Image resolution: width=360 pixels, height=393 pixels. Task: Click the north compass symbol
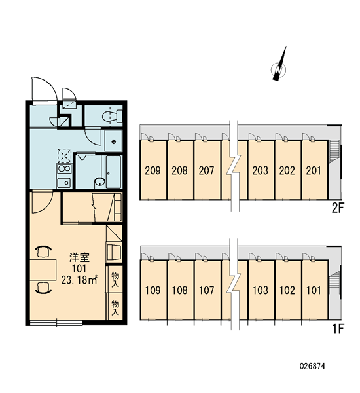pyautogui.click(x=279, y=65)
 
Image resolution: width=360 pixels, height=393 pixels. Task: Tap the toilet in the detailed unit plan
pyautogui.click(x=112, y=116)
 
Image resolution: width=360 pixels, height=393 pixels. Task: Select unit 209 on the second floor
pyautogui.click(x=153, y=170)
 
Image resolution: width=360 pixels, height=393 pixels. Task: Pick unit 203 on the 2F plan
pyautogui.click(x=261, y=170)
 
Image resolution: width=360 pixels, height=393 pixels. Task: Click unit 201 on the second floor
pyautogui.click(x=314, y=170)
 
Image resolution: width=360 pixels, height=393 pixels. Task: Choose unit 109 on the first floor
pyautogui.click(x=153, y=290)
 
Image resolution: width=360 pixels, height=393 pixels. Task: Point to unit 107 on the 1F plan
pyautogui.click(x=207, y=290)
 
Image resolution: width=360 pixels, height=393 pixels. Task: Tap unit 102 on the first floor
pyautogui.click(x=287, y=290)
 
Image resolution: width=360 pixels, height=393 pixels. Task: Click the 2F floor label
pyautogui.click(x=338, y=208)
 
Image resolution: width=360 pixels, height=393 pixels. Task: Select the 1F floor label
pyautogui.click(x=338, y=329)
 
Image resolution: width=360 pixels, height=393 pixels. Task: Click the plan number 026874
pyautogui.click(x=312, y=366)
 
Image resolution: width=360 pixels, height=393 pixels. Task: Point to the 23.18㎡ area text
pyautogui.click(x=79, y=280)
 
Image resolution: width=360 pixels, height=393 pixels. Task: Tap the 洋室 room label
pyautogui.click(x=79, y=257)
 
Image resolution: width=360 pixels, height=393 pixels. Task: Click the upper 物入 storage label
pyautogui.click(x=115, y=280)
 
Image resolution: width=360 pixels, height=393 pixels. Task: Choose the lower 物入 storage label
pyautogui.click(x=115, y=308)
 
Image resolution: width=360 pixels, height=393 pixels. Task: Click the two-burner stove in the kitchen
pyautogui.click(x=64, y=169)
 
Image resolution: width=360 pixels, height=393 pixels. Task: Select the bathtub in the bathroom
pyautogui.click(x=113, y=172)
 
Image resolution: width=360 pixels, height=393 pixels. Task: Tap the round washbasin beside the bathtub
pyautogui.click(x=99, y=183)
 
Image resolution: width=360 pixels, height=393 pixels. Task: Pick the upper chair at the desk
pyautogui.click(x=44, y=252)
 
